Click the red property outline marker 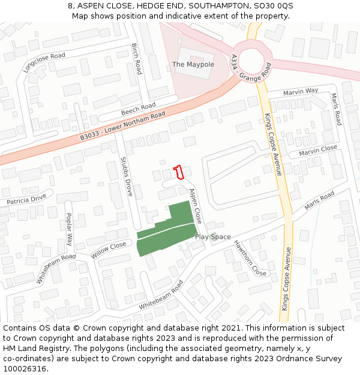tap(178, 172)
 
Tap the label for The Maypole tap(193, 64)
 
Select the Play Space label tap(212, 237)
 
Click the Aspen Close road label tap(196, 206)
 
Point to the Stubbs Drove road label tap(126, 176)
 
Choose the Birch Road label tap(136, 58)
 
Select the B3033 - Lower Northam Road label tap(122, 127)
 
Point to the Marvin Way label tap(301, 91)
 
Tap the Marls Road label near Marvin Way tap(337, 109)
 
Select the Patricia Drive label tap(26, 200)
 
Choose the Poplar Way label tap(69, 229)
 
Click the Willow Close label tap(109, 250)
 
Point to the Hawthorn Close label tap(250, 257)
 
